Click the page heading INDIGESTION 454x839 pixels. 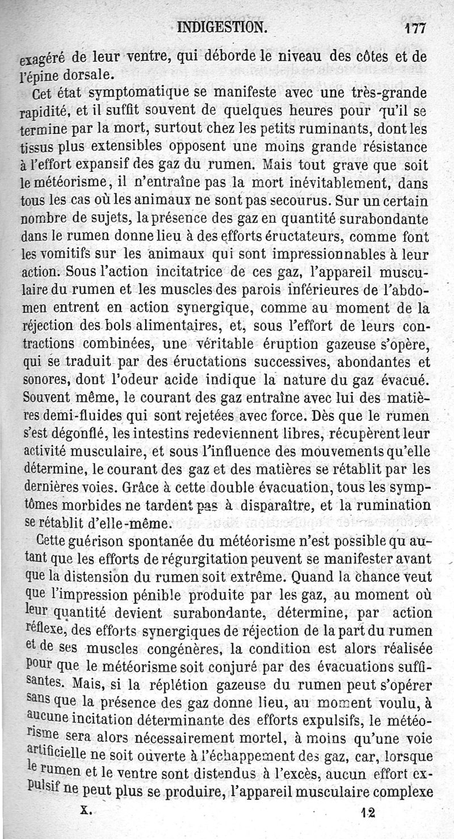[x=221, y=27]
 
